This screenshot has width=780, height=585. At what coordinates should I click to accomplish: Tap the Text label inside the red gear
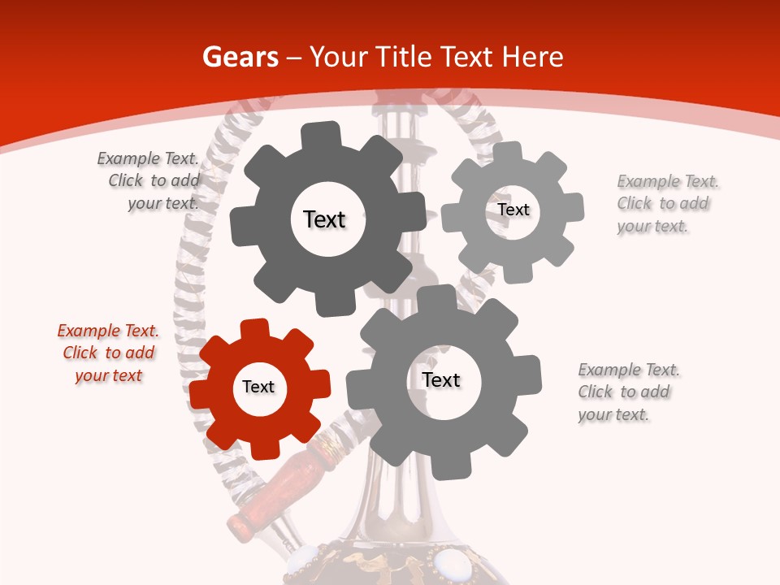(258, 387)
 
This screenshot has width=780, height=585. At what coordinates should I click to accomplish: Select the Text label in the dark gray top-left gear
(324, 219)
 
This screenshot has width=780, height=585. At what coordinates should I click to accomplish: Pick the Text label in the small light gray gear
(513, 210)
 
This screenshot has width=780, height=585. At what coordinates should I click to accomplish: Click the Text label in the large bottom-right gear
(441, 379)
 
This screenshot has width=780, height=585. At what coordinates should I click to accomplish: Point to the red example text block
(108, 353)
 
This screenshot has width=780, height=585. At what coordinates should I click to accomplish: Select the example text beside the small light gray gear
(667, 203)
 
